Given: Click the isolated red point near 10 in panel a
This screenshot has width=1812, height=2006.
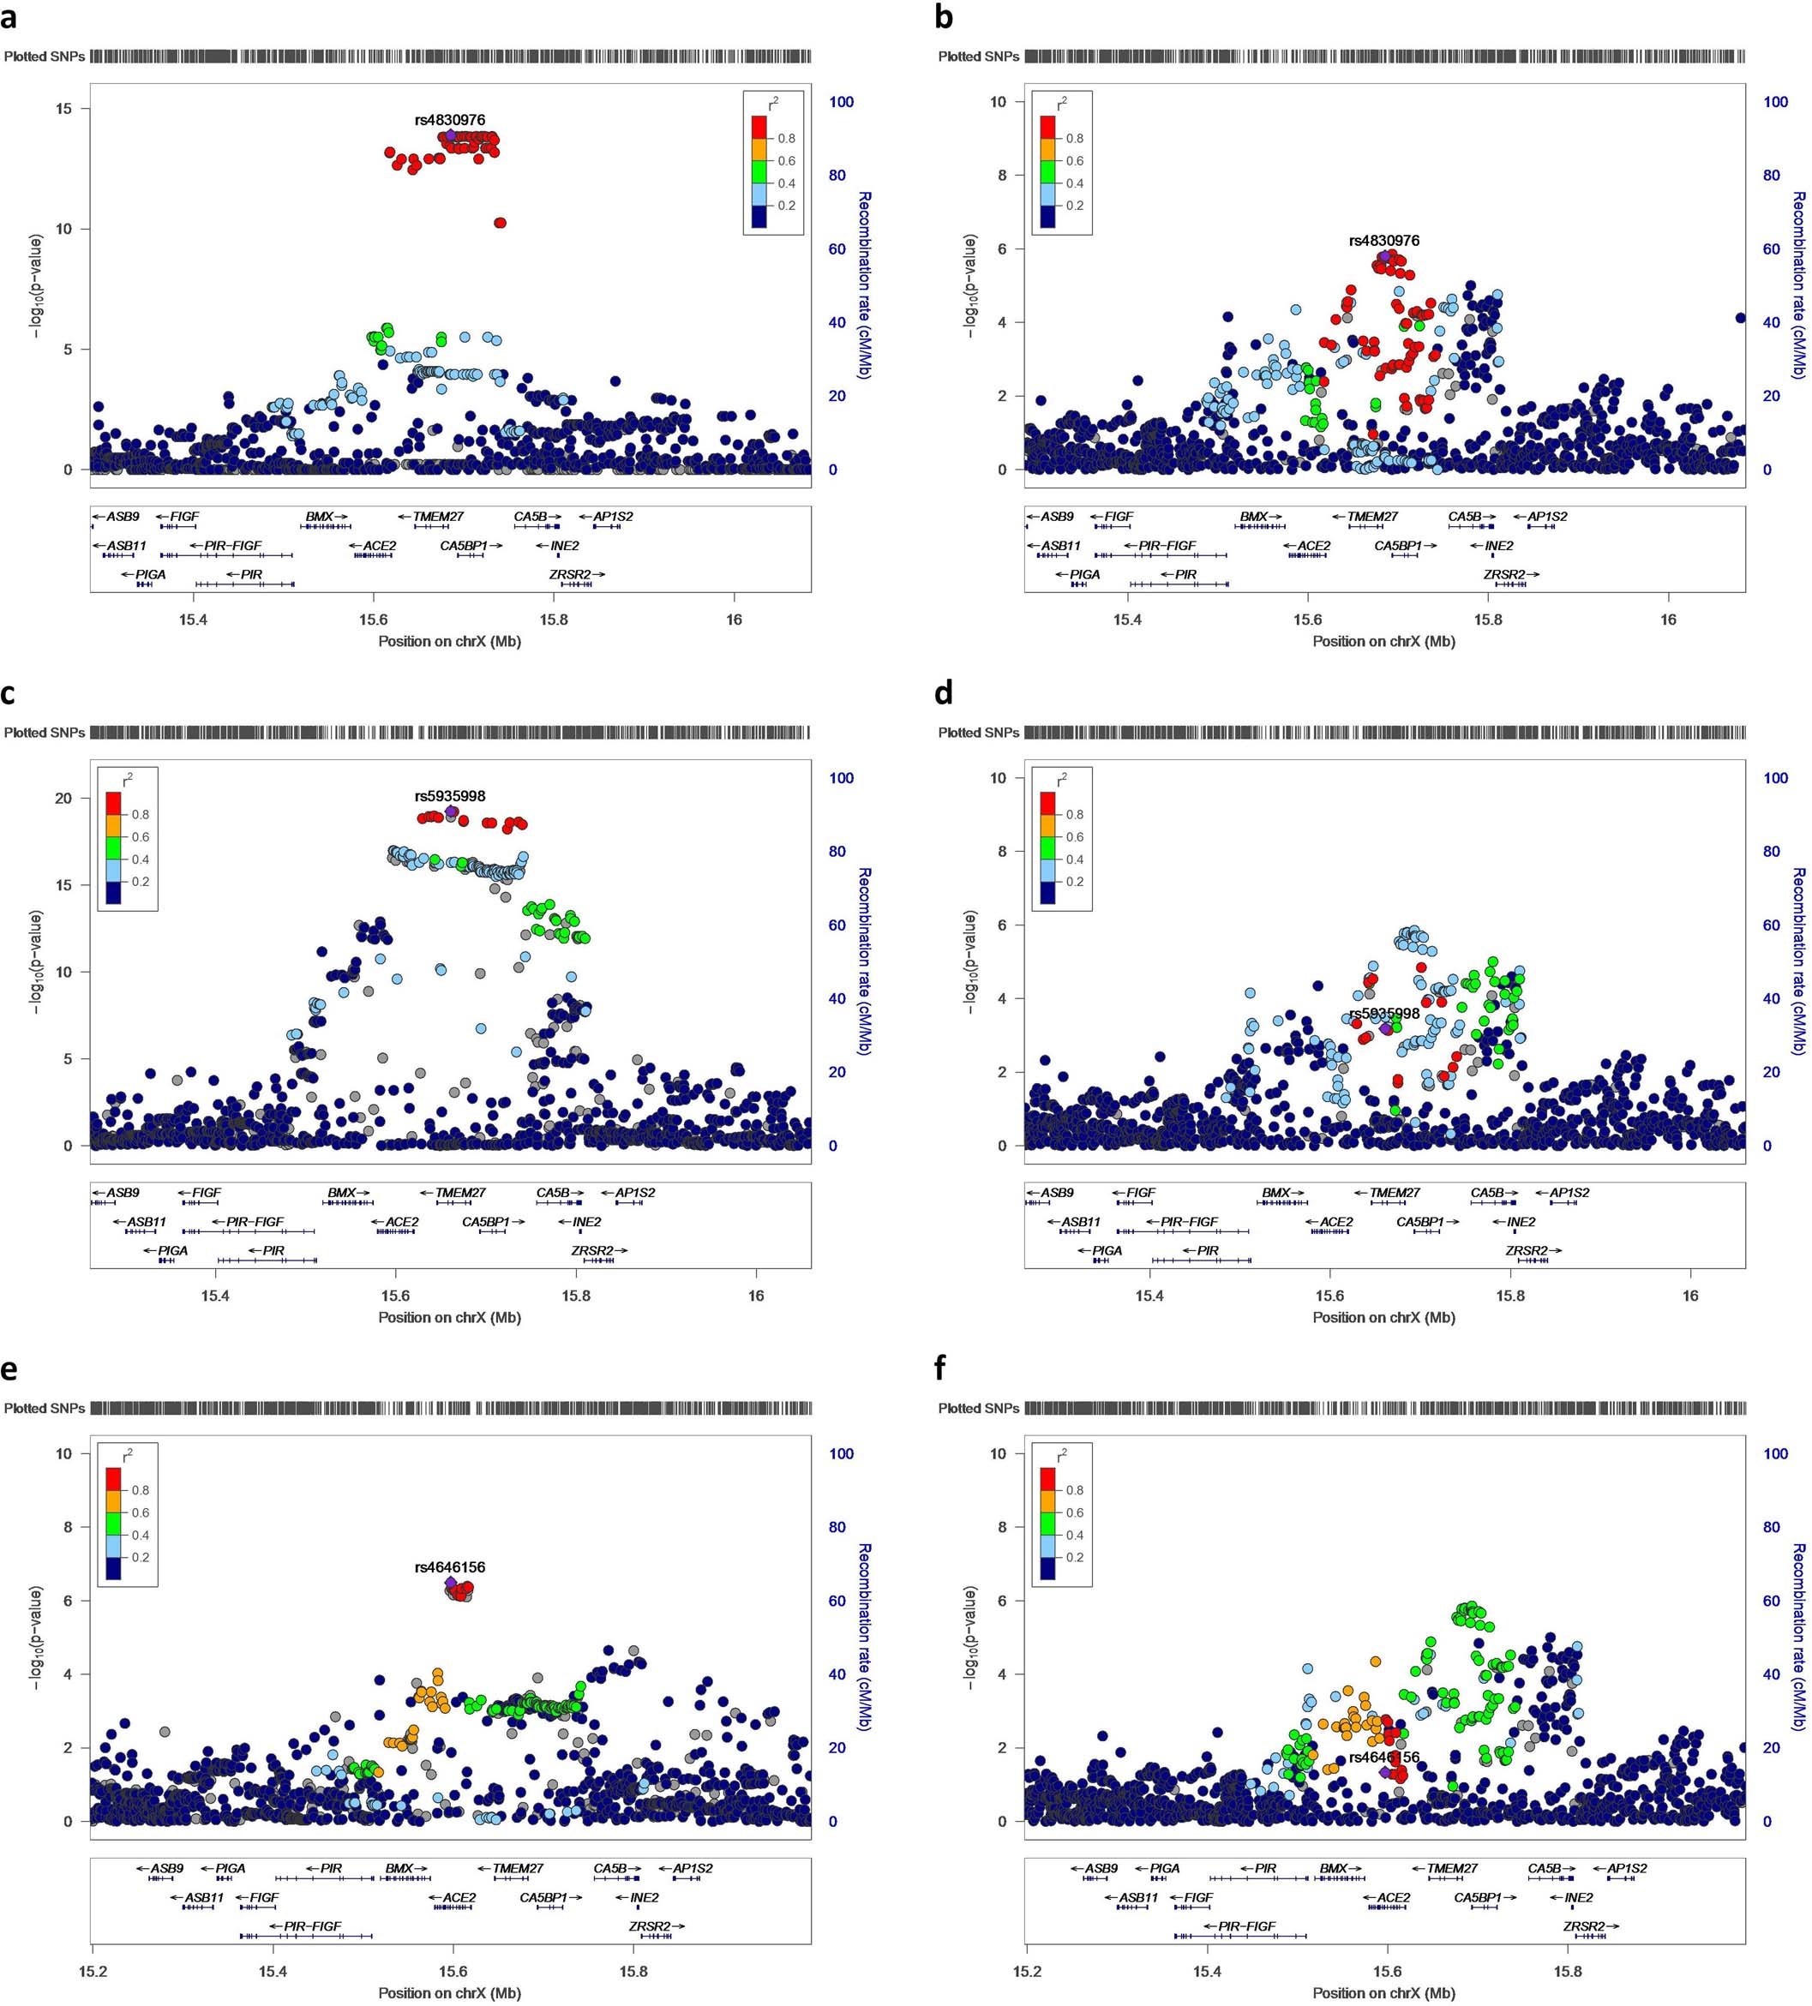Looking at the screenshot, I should tap(500, 223).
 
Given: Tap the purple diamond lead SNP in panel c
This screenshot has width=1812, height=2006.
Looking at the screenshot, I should tap(451, 812).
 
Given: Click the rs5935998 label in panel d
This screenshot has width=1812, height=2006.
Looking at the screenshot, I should tap(1384, 1014).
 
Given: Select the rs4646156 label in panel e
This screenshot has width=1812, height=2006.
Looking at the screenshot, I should tap(450, 1567).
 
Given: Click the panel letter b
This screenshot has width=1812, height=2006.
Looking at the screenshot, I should tap(945, 17).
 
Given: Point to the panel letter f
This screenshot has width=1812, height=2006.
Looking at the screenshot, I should tap(941, 1370).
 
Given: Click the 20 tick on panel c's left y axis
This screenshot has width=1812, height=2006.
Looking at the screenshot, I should tap(63, 798).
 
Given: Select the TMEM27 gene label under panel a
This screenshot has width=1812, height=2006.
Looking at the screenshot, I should tap(438, 517).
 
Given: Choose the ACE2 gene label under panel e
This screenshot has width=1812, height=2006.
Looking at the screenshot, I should tap(459, 1897).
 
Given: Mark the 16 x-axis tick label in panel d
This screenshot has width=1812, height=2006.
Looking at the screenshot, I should tap(1689, 1296).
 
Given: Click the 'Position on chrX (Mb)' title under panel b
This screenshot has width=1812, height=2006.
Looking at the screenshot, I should tap(1383, 641).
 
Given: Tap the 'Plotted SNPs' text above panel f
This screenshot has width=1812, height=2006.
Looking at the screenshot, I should tap(978, 1408).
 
